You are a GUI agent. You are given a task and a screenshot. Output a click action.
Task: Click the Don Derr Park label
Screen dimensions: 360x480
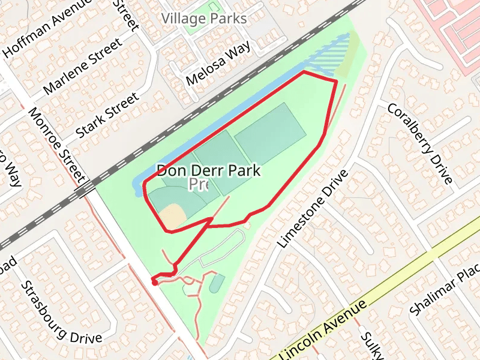pos(209,170)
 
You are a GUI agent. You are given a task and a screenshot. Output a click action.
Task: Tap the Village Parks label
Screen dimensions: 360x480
pos(204,19)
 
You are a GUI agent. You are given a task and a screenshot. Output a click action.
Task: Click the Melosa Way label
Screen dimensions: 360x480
pos(218,64)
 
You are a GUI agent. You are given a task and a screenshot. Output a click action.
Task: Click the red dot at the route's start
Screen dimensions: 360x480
pos(154,283)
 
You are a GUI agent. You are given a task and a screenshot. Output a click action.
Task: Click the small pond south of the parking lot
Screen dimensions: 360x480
pos(217,283)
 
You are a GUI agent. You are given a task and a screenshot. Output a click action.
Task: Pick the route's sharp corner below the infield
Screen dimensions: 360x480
pos(167,230)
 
